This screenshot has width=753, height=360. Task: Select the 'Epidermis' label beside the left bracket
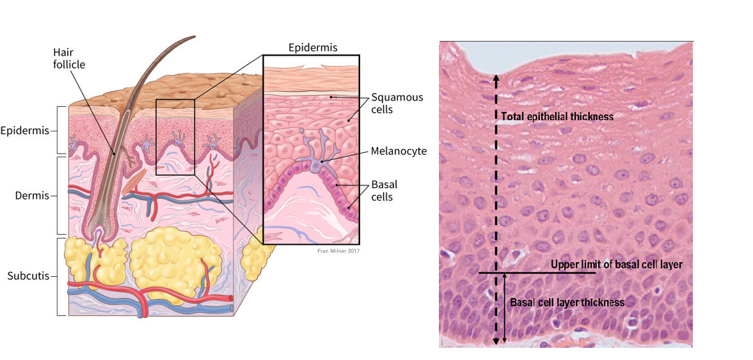24,131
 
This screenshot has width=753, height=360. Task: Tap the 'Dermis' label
32,195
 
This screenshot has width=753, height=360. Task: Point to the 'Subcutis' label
28,277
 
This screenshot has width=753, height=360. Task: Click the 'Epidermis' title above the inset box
312,47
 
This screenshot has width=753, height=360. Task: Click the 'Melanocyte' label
399,151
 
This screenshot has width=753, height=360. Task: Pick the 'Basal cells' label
384,191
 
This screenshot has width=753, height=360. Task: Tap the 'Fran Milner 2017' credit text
338,250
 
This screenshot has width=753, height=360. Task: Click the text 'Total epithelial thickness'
558,116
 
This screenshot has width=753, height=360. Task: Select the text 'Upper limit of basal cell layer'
617,264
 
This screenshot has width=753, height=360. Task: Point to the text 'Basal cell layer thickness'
567,302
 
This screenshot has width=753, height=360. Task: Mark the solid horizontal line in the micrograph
537,273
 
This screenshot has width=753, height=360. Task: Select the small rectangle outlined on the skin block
175,136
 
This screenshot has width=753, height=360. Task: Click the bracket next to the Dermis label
59,195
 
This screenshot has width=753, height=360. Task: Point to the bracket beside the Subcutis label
59,277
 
